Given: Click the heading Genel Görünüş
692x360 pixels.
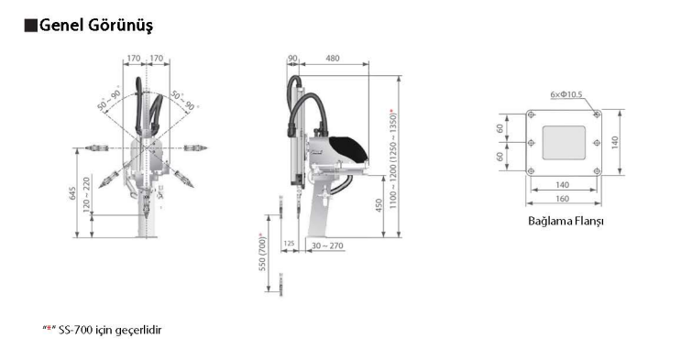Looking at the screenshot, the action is click(96, 25).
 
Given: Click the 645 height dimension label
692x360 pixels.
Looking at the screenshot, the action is click(72, 193).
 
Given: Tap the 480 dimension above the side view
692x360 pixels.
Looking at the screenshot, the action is click(333, 59).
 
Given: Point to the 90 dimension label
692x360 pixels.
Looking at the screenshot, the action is click(292, 59).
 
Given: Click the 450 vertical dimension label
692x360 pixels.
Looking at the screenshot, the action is click(379, 205).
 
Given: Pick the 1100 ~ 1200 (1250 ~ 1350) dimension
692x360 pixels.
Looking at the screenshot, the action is click(393, 158).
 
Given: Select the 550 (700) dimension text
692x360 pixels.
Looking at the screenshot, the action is click(262, 252).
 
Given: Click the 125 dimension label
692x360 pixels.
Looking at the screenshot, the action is click(289, 243).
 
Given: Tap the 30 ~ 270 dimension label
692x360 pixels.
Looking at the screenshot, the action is click(327, 245).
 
